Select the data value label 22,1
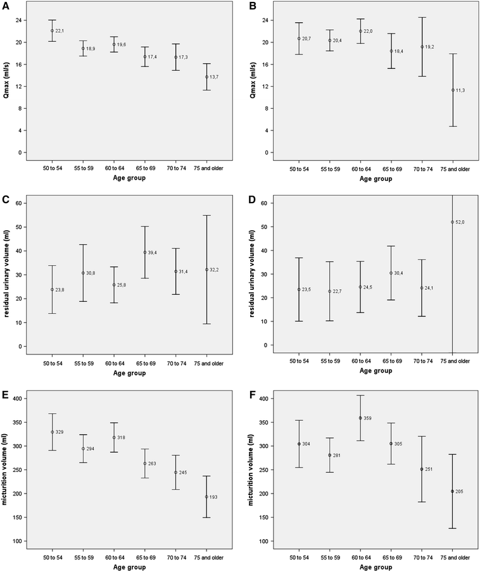point(60,31)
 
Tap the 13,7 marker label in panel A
point(215,77)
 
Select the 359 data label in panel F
point(367,418)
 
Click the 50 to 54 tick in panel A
point(53,170)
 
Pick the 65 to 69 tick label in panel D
point(391,361)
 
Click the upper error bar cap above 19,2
point(422,18)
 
